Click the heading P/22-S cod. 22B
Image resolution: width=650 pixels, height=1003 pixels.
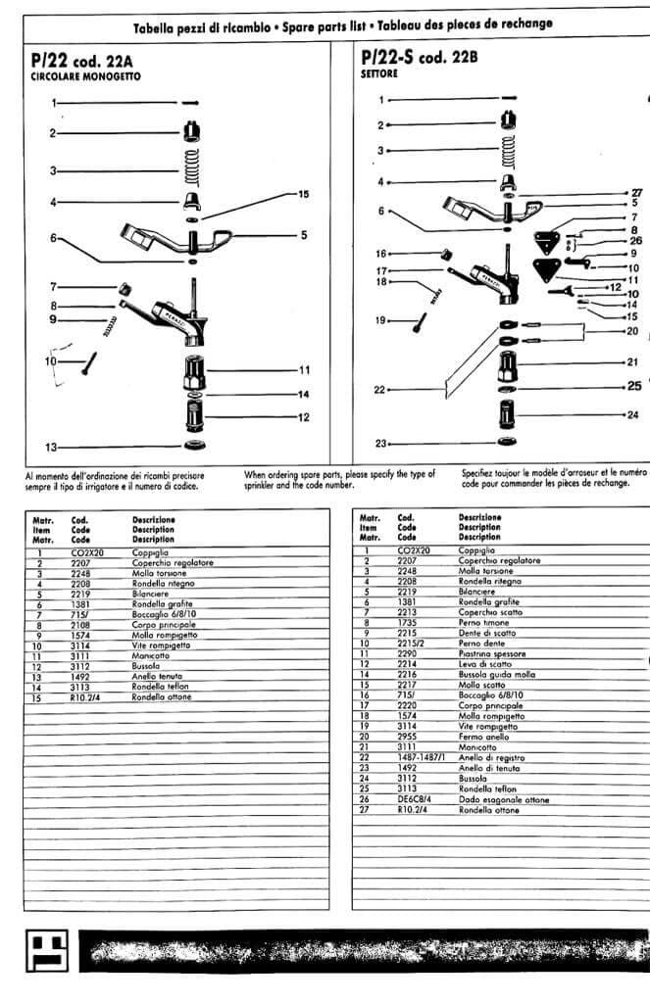[x=419, y=58]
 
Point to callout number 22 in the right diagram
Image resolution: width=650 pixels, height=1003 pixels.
[x=379, y=390]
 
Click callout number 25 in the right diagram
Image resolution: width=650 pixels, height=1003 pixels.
[x=634, y=385]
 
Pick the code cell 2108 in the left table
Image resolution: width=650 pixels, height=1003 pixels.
[x=81, y=624]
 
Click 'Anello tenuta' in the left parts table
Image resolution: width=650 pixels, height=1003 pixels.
[x=157, y=676]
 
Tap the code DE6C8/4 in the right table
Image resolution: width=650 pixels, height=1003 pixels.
[x=416, y=799]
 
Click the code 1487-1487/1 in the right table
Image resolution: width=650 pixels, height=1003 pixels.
[x=421, y=757]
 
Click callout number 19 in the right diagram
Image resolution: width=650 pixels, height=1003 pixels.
[x=379, y=320]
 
